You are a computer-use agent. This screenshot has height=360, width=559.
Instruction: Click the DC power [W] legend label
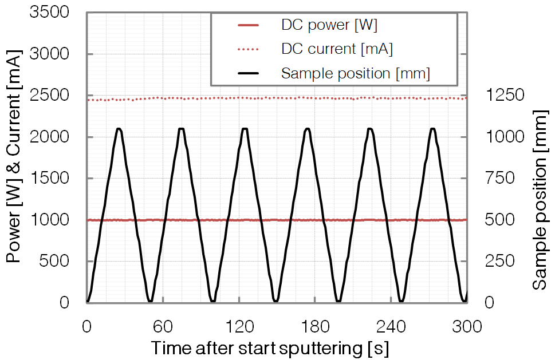[329, 25]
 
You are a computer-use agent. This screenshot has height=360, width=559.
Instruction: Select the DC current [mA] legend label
[337, 49]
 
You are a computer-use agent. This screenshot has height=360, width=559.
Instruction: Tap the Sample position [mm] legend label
[355, 73]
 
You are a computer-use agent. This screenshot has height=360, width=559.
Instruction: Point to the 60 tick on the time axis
[163, 326]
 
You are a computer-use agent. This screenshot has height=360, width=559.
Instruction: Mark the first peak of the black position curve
[119, 129]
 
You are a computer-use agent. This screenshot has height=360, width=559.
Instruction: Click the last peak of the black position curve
[433, 129]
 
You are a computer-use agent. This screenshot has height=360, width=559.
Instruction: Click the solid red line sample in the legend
[247, 25]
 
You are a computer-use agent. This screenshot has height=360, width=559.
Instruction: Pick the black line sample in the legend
[247, 73]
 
